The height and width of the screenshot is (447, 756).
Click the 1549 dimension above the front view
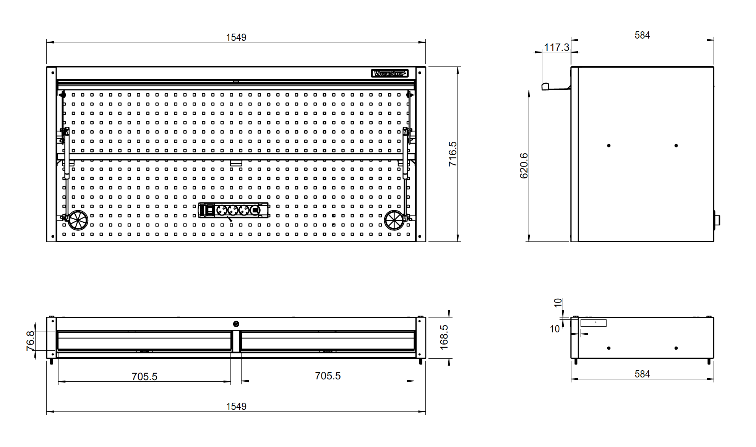point(236,37)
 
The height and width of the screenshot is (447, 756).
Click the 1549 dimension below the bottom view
point(236,407)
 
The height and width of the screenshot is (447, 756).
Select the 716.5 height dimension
point(453,154)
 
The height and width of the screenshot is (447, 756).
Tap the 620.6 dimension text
point(524,165)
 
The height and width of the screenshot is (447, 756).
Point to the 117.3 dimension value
point(556,47)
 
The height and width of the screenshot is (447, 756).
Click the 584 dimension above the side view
point(642,35)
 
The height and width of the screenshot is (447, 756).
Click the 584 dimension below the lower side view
point(642,374)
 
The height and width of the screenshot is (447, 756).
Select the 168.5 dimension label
point(444,337)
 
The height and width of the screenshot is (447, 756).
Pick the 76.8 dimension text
point(31,341)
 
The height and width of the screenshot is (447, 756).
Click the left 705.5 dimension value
point(144,377)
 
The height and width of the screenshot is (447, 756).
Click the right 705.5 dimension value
point(328,376)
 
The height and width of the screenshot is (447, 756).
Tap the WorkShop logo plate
point(389,73)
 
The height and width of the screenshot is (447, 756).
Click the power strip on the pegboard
point(233,210)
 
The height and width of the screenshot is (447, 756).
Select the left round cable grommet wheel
point(78,220)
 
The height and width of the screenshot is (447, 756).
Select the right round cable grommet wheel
point(394,220)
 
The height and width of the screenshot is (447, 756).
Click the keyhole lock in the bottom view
point(236,324)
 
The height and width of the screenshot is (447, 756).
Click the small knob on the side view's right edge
point(717,220)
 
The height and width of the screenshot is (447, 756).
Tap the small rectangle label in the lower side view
point(593,323)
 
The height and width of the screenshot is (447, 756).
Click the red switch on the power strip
point(210,210)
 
